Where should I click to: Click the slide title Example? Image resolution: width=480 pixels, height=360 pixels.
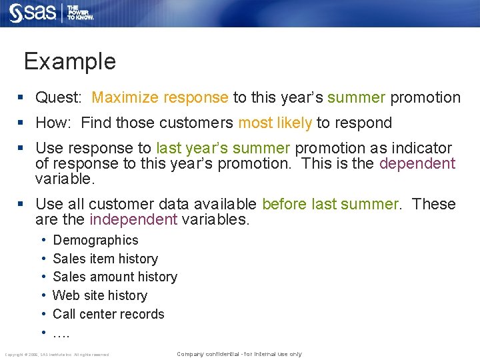tap(69, 61)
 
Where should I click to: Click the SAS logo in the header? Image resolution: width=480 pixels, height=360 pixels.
tap(33, 12)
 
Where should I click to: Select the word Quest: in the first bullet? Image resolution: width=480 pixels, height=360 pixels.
tap(59, 97)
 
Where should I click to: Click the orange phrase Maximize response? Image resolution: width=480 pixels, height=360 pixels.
tap(160, 97)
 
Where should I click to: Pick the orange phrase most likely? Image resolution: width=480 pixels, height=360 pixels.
tap(275, 123)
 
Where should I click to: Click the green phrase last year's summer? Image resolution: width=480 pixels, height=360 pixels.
tap(223, 148)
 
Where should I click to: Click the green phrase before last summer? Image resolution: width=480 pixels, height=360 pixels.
tap(330, 204)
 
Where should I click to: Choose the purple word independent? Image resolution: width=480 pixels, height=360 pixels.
tap(133, 220)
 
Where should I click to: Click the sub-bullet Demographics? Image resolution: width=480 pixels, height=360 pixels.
tap(95, 240)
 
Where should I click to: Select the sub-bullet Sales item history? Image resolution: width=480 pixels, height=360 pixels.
tap(105, 259)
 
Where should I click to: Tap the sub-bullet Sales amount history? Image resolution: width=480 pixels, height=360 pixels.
tap(115, 277)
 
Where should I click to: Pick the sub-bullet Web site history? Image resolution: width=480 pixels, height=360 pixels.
tap(99, 295)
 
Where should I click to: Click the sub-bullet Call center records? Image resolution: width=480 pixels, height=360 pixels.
tap(108, 314)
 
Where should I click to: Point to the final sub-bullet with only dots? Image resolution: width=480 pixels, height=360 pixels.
tap(61, 333)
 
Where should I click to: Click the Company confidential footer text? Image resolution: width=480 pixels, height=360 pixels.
tap(239, 354)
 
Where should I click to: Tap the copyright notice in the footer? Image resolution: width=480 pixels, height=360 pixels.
tap(57, 355)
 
